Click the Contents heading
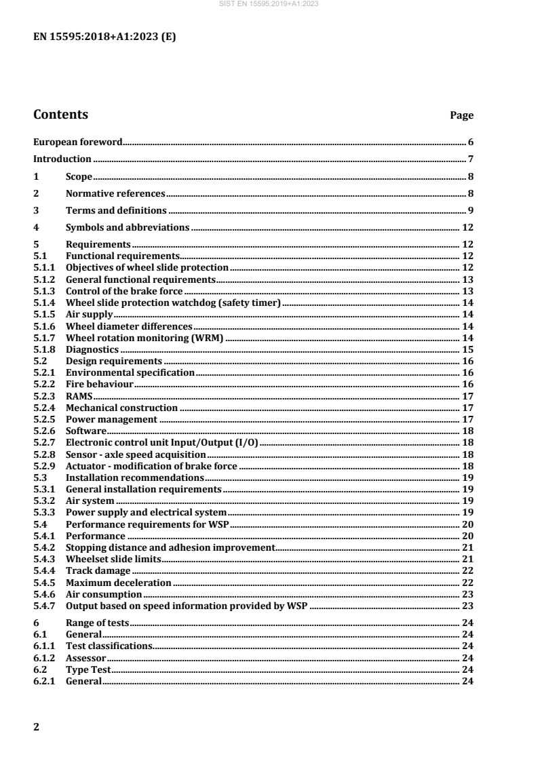click(60, 115)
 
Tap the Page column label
click(462, 116)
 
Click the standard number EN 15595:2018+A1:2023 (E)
click(104, 37)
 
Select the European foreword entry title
click(78, 142)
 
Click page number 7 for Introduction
click(470, 159)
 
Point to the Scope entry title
click(79, 177)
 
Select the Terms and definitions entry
click(116, 210)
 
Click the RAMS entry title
click(79, 396)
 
